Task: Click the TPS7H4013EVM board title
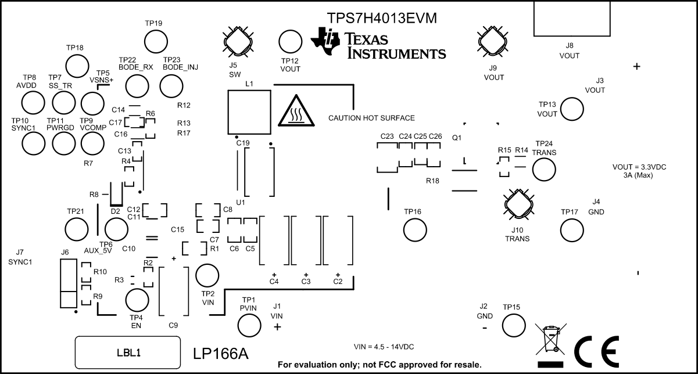(381, 18)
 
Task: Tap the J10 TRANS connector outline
(517, 205)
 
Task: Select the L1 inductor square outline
(248, 113)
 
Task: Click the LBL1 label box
(128, 353)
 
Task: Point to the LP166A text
(221, 353)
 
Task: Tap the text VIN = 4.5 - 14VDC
(384, 347)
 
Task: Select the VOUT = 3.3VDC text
(639, 167)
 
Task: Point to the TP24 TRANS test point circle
(544, 170)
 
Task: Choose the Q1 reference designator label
(456, 138)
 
